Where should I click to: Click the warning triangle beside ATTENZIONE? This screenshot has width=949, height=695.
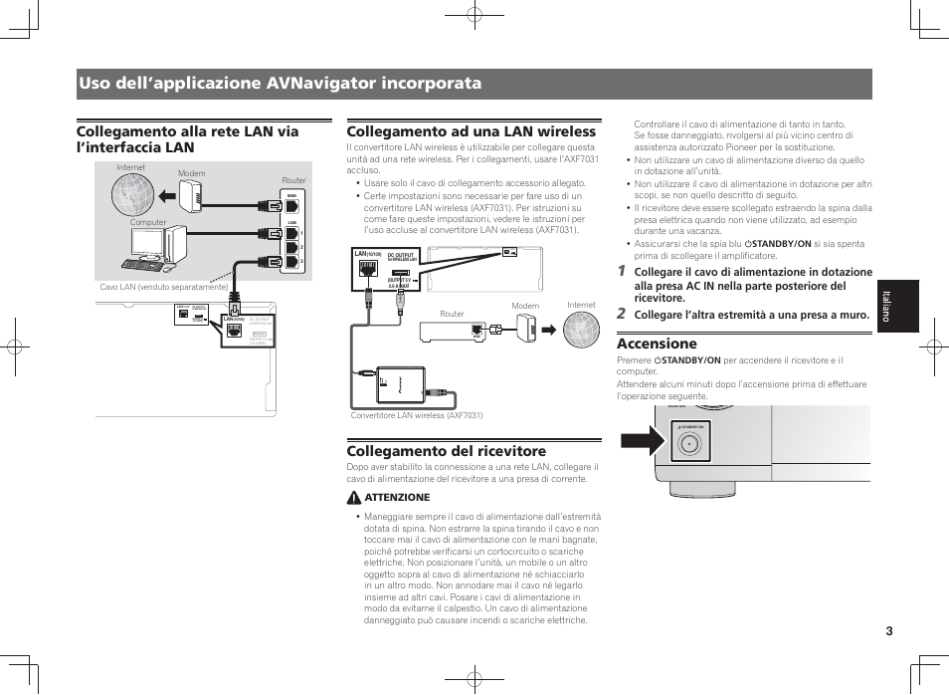pos(353,497)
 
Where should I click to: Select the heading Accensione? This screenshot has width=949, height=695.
pos(657,344)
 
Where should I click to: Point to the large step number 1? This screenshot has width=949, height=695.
pos(621,271)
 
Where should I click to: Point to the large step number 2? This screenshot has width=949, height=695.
pos(621,314)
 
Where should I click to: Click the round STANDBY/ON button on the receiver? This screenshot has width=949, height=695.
pos(687,445)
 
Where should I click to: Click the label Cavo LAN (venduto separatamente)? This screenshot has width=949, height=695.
pos(163,287)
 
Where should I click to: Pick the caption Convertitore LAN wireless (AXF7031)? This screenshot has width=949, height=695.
pos(417,415)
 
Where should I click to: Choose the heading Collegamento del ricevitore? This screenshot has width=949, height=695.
pos(446,451)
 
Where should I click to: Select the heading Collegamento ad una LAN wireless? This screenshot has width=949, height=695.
pos(471,131)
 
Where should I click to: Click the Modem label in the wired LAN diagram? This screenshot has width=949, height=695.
pos(191,173)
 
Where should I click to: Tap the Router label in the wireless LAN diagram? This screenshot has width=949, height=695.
pos(452,314)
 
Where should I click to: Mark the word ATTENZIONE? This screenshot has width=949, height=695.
pos(397,497)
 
